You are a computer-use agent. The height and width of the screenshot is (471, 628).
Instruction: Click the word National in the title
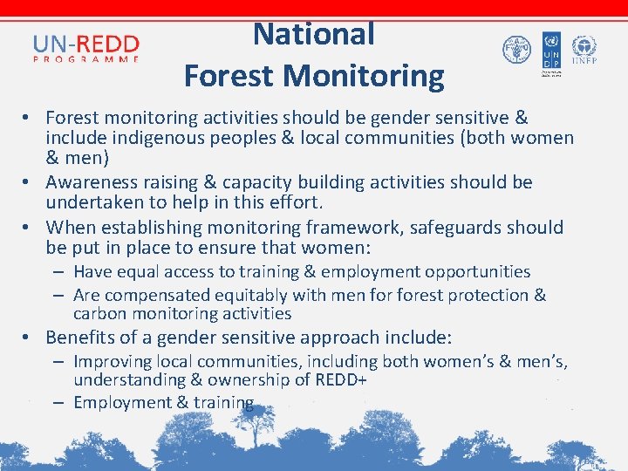click(314, 34)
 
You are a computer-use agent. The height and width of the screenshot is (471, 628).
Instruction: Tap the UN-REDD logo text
click(86, 43)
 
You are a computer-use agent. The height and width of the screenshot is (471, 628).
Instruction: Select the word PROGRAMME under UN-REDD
click(86, 59)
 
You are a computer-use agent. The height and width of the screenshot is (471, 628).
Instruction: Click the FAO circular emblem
click(516, 49)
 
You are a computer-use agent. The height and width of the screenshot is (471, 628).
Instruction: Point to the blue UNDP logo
click(551, 49)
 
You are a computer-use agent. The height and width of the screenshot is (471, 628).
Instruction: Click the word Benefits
click(78, 338)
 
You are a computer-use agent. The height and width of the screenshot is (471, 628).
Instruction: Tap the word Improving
click(113, 361)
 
